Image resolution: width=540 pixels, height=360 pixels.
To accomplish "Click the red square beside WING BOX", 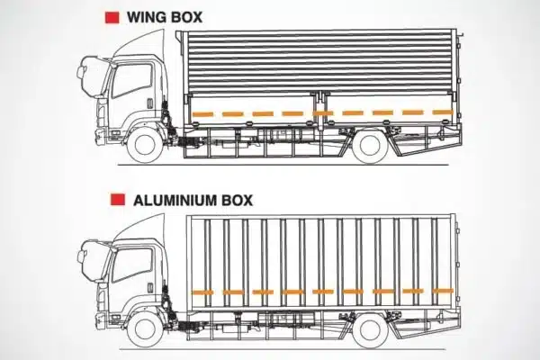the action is coord(112,18).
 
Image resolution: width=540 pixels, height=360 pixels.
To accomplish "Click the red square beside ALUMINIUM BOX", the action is coord(118,200).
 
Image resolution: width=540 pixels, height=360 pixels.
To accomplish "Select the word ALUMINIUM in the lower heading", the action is coord(175,200).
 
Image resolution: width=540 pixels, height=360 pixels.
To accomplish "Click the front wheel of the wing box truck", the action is coord(145,145).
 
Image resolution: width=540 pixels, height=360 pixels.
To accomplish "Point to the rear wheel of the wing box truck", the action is coord(370,145).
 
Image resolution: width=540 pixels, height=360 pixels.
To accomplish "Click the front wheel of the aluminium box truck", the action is coord(145,329).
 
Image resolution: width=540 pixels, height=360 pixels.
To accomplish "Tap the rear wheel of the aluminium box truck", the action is coord(370,329).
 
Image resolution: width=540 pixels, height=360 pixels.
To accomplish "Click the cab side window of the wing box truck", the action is coord(132,80).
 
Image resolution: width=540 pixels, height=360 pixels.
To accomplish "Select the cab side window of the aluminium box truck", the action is coord(132,265).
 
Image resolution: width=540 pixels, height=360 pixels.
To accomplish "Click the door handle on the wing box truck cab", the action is coord(149,103).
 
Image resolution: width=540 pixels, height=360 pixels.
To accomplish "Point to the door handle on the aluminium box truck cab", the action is coord(150,288).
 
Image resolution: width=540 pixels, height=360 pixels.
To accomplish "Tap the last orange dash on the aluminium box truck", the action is coord(443,291).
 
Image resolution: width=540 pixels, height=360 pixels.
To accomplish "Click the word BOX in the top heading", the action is coord(186,18).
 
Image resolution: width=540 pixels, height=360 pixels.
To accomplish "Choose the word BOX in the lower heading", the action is coord(238,200).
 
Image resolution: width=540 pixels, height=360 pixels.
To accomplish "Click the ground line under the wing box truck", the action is coord(283,165).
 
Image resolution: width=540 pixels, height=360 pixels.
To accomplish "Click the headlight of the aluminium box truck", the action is coord(101,296).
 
